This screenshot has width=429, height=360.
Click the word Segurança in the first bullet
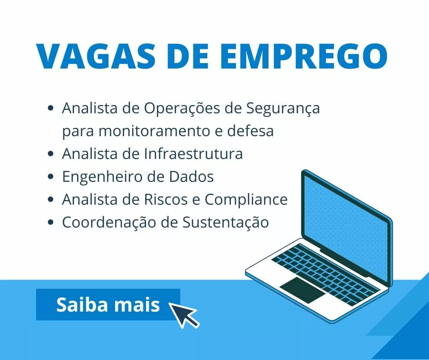(283, 109)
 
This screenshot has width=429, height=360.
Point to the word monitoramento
(155, 131)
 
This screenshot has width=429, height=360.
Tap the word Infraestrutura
(194, 154)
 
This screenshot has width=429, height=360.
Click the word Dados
(191, 176)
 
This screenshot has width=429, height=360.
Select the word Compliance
(246, 200)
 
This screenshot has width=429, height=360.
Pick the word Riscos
(166, 199)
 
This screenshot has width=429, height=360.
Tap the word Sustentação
(226, 222)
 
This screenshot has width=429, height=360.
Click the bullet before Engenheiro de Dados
(50, 176)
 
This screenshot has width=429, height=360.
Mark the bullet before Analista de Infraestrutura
(50, 154)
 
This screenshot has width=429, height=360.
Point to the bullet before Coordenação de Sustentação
(50, 222)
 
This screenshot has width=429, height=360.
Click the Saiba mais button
(108, 304)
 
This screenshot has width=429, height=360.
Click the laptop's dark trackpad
(303, 290)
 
